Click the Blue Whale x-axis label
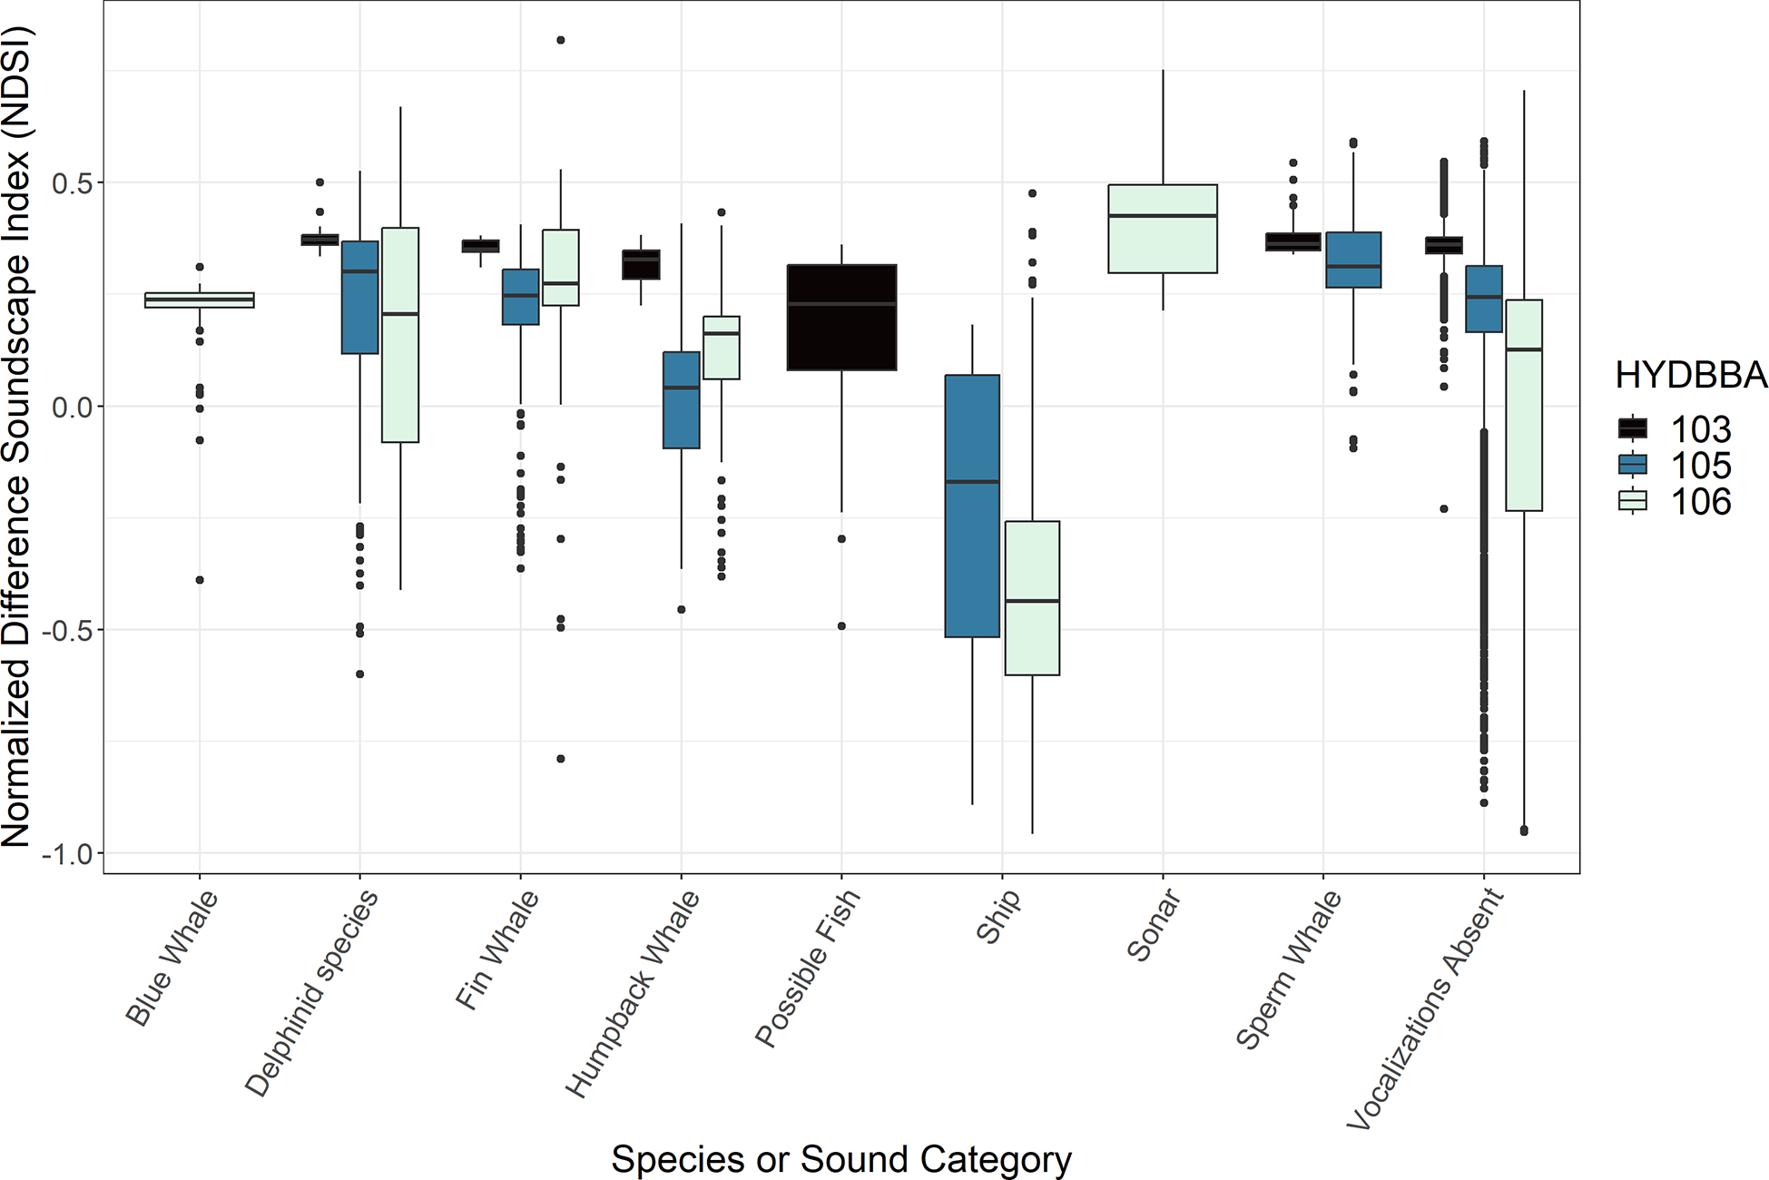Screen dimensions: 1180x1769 (x=172, y=958)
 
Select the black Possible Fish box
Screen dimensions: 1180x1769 (x=841, y=318)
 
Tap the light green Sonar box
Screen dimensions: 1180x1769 (x=1162, y=229)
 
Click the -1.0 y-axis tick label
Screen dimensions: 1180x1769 (x=67, y=853)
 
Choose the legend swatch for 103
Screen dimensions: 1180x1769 (x=1633, y=428)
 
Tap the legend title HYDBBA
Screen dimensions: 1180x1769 (x=1690, y=375)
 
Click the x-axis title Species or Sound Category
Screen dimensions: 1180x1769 (x=841, y=1159)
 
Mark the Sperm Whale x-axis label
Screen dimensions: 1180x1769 (x=1289, y=969)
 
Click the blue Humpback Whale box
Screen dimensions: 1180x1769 (x=681, y=399)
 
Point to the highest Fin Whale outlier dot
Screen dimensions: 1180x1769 (x=561, y=40)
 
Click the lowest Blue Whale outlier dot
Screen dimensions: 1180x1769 (x=200, y=579)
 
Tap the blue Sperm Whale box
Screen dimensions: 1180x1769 (x=1353, y=260)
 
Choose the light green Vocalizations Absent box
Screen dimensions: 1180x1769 (x=1523, y=405)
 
